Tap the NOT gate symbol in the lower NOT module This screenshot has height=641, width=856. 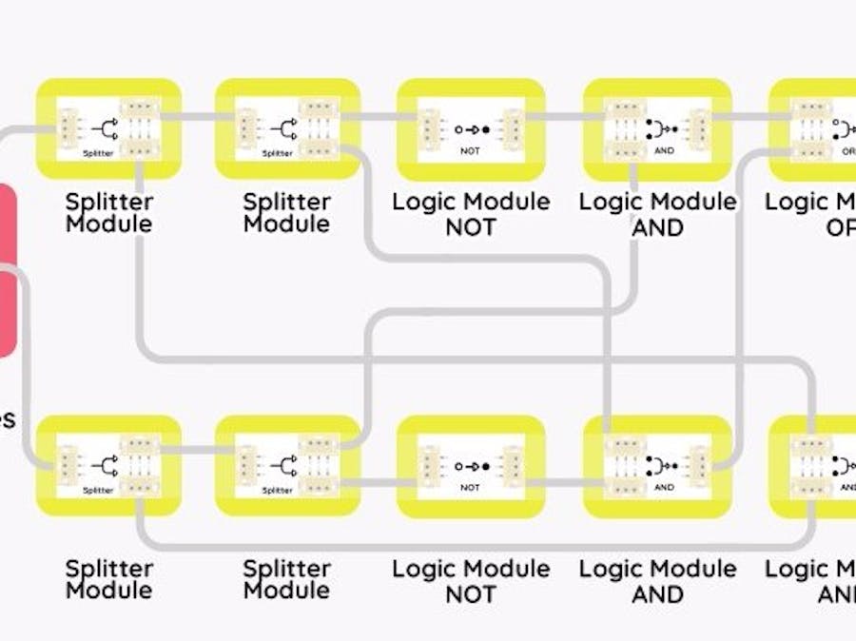click(471, 466)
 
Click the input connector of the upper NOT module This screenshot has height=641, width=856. click(430, 127)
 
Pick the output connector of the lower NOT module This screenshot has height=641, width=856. click(512, 466)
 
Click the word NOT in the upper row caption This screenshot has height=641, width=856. click(471, 228)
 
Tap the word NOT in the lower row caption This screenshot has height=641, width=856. click(471, 594)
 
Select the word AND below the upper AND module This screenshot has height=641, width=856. click(658, 228)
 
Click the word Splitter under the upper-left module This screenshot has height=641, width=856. click(109, 202)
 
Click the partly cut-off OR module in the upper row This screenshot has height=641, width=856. click(813, 128)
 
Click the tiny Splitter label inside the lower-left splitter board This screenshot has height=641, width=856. click(98, 490)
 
